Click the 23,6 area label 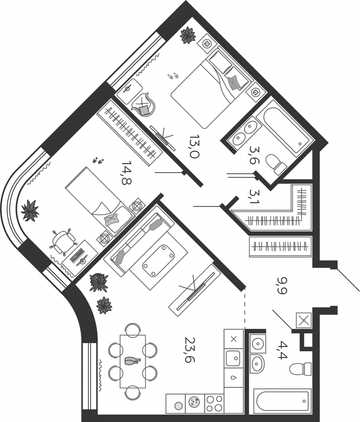click(x=190, y=349)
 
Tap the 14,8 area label click(x=127, y=173)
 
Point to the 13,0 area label click(x=194, y=146)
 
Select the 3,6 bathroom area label click(x=254, y=155)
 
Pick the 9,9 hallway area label click(x=282, y=285)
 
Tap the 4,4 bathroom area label click(x=283, y=350)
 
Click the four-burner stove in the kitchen click(x=214, y=403)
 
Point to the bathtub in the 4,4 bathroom click(x=282, y=401)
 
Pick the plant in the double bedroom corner click(x=188, y=36)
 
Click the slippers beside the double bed click(x=173, y=76)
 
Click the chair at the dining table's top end click(x=133, y=330)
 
